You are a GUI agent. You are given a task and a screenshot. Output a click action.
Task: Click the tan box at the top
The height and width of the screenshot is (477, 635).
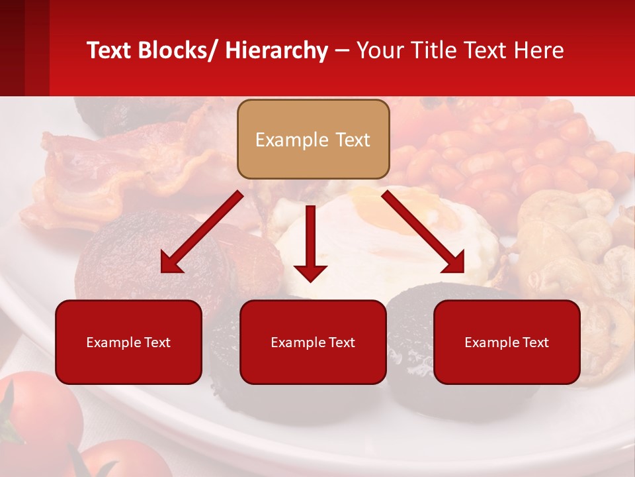pos(313,139)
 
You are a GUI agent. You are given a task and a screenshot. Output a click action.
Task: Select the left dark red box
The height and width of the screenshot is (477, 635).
pos(128,342)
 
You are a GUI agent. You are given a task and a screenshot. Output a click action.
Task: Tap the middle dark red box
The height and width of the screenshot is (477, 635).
pos(313,342)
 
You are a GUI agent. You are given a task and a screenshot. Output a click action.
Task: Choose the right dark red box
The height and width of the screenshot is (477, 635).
pos(507,342)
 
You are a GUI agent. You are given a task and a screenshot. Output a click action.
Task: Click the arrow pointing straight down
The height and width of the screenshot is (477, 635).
pos(310,245)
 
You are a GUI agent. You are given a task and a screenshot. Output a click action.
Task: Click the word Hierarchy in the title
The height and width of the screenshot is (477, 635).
pos(276,50)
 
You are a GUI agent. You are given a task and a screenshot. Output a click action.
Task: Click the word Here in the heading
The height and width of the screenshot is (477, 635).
pos(538,50)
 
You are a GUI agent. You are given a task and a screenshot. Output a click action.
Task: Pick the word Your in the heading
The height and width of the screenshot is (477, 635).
pos(378,50)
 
